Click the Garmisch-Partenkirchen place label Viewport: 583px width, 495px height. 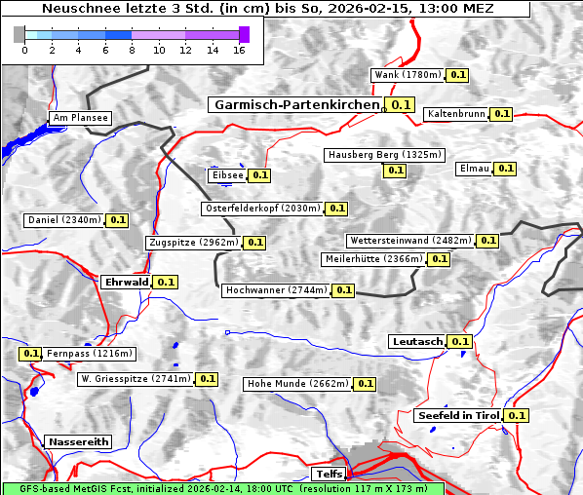(x=295, y=104)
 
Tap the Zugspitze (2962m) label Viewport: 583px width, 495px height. (x=192, y=243)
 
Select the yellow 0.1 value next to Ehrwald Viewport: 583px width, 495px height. (x=166, y=282)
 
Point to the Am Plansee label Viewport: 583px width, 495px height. (x=80, y=118)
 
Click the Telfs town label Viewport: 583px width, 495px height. (x=327, y=474)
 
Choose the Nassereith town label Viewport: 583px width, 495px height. (x=78, y=441)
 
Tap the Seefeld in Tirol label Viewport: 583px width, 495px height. (x=457, y=415)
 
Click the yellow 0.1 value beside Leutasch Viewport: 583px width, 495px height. (x=460, y=341)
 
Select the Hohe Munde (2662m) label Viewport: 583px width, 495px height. (x=297, y=384)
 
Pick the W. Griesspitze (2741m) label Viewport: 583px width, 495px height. (x=136, y=378)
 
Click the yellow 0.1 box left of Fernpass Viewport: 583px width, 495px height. (x=31, y=354)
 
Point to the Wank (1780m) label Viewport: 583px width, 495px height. (x=408, y=75)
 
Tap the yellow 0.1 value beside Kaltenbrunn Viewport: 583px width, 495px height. (x=501, y=114)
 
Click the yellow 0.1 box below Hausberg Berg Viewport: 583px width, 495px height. (x=394, y=171)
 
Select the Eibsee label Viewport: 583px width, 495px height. (x=226, y=175)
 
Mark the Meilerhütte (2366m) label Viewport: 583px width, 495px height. (x=374, y=259)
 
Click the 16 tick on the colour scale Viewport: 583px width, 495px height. (x=238, y=50)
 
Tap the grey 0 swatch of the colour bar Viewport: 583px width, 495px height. (x=19, y=34)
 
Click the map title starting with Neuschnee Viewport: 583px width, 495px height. (x=267, y=9)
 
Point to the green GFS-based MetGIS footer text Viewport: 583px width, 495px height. (x=222, y=488)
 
